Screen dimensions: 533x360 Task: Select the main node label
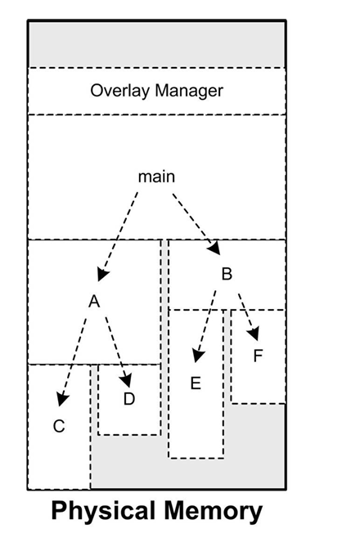click(x=155, y=177)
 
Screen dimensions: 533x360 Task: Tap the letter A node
click(x=94, y=302)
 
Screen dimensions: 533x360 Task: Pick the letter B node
click(x=227, y=274)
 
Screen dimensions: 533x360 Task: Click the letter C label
click(x=59, y=426)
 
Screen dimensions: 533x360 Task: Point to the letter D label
click(x=129, y=399)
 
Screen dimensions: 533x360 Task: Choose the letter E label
click(x=195, y=383)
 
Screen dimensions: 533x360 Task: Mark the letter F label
click(x=258, y=356)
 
